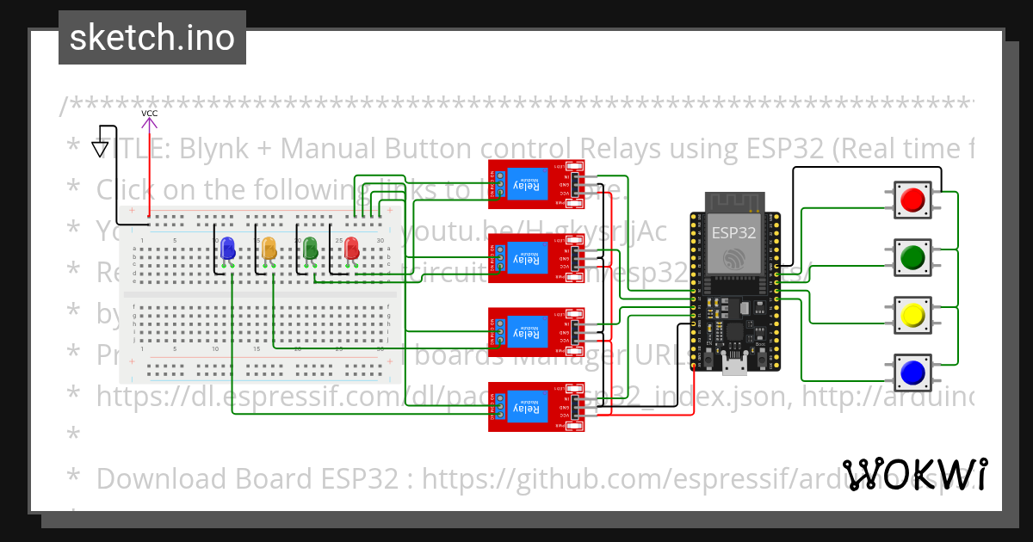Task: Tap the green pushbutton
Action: coord(912,257)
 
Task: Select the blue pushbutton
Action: coord(912,373)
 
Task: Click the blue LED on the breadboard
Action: coord(228,249)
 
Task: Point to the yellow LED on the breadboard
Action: coord(269,249)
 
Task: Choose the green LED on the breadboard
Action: coord(310,249)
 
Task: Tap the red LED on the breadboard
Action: coord(351,249)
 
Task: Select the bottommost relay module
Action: coord(536,406)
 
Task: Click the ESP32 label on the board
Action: coord(733,232)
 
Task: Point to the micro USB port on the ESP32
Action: coord(733,367)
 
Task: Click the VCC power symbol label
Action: coord(150,114)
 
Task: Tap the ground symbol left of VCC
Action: coord(101,148)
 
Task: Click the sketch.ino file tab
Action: coord(152,38)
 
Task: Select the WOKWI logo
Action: coord(914,475)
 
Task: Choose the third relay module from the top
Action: coord(536,332)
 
